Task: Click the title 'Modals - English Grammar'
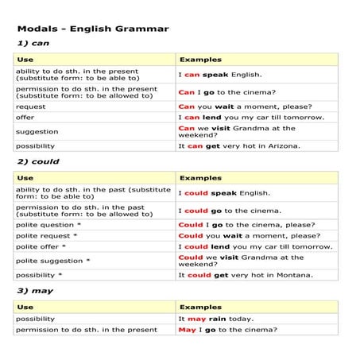pyautogui.click(x=92, y=29)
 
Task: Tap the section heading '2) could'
pyautogui.click(x=37, y=162)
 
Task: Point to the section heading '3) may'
pyautogui.click(x=35, y=290)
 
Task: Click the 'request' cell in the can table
pyautogui.click(x=31, y=106)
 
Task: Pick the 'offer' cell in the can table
pyautogui.click(x=25, y=117)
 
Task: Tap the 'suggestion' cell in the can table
pyautogui.click(x=37, y=131)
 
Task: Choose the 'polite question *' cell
pyautogui.click(x=48, y=225)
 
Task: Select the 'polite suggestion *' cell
pyautogui.click(x=52, y=261)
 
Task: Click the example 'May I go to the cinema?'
pyautogui.click(x=227, y=330)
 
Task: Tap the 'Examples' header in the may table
pyautogui.click(x=200, y=307)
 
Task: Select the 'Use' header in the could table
pyautogui.click(x=25, y=178)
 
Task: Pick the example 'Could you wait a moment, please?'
pyautogui.click(x=249, y=236)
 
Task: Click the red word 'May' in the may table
pyautogui.click(x=187, y=330)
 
